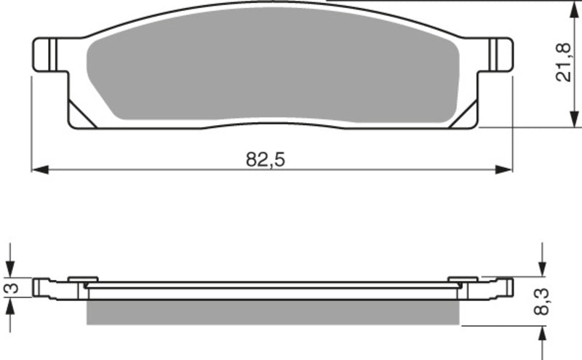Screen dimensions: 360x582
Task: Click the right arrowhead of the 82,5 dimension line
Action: pyautogui.click(x=505, y=169)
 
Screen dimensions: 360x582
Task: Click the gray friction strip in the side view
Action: pyautogui.click(x=273, y=313)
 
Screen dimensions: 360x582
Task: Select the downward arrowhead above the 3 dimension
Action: pyautogui.click(x=9, y=270)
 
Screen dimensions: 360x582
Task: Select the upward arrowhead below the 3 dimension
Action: pyautogui.click(x=9, y=305)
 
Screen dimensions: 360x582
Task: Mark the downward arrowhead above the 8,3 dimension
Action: pyautogui.click(x=542, y=270)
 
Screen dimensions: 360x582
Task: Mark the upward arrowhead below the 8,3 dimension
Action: pyautogui.click(x=542, y=331)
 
